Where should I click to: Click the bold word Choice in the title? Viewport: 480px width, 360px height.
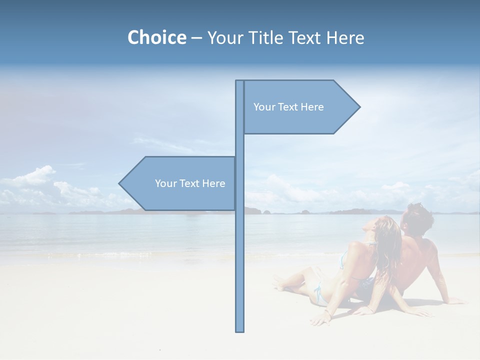coord(156,37)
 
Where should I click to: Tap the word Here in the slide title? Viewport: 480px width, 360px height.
coord(345,37)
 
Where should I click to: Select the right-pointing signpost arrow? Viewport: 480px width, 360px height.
coord(300,107)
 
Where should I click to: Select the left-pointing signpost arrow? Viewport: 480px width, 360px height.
coord(180,183)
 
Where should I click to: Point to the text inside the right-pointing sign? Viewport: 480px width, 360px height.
coord(288,107)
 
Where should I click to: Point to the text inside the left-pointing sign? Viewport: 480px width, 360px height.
coord(190,183)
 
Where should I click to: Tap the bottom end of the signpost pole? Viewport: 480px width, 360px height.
coord(239,330)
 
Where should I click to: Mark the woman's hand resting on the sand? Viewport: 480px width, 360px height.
coord(320,319)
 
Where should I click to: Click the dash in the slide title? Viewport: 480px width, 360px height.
coord(196,38)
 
